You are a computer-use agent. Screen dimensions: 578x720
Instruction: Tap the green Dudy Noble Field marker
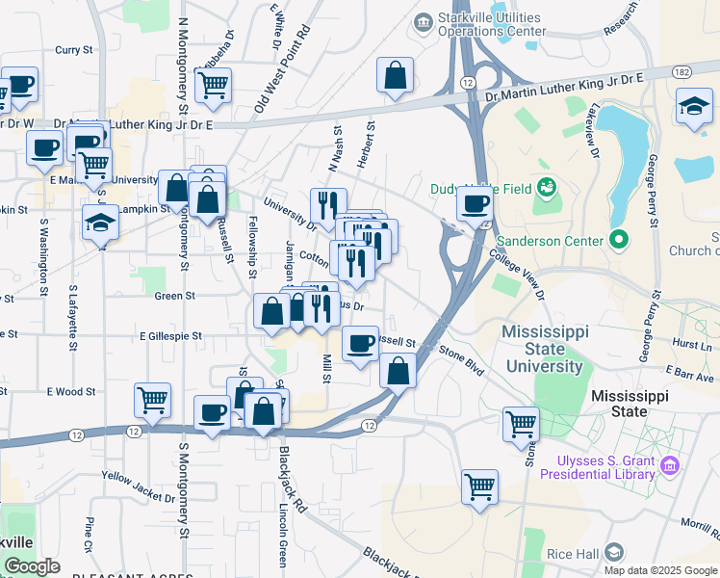pyautogui.click(x=548, y=186)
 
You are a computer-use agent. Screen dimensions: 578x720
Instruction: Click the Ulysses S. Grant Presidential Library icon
pyautogui.click(x=671, y=466)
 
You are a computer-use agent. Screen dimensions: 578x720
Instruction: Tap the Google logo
pyautogui.click(x=32, y=566)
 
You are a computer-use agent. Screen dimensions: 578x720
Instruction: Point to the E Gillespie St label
pyautogui.click(x=170, y=336)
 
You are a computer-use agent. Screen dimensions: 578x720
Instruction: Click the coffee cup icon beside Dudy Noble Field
pyautogui.click(x=475, y=203)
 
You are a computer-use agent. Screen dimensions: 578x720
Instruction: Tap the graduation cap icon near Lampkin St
pyautogui.click(x=100, y=223)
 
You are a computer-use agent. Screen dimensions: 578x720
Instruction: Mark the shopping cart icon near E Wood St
pyautogui.click(x=152, y=400)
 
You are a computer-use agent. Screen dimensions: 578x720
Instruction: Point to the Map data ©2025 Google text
pyautogui.click(x=659, y=569)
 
